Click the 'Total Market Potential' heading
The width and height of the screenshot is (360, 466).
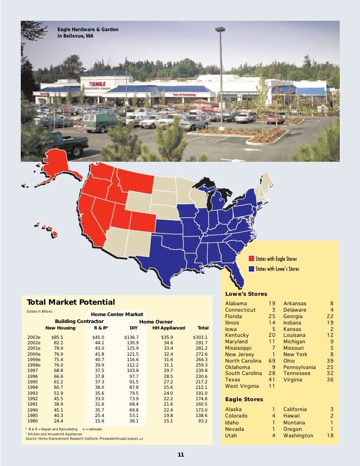click(x=71, y=302)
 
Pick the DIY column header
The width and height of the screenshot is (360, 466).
click(x=133, y=327)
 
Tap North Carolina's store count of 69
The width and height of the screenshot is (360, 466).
click(x=271, y=360)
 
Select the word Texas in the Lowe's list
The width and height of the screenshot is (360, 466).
click(x=232, y=379)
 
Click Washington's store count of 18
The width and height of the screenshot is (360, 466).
click(x=330, y=436)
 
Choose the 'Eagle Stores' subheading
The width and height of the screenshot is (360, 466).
click(x=244, y=399)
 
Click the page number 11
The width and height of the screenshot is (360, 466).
click(x=180, y=455)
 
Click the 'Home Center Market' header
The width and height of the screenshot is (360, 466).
click(x=117, y=314)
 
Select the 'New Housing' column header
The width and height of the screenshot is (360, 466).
click(x=60, y=327)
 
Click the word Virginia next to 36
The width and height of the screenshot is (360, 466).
click(x=295, y=379)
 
